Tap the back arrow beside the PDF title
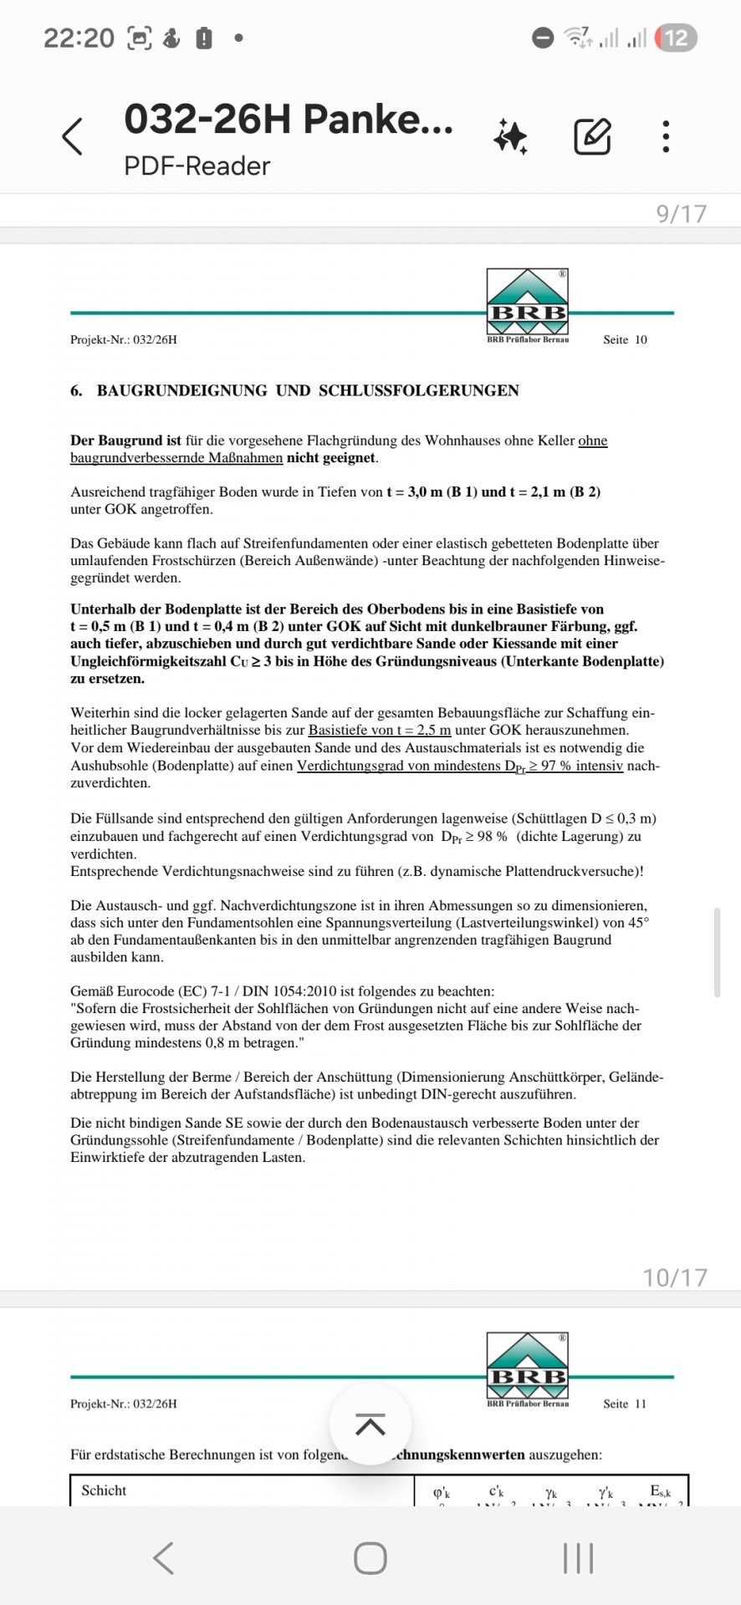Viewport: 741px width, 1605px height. click(x=73, y=136)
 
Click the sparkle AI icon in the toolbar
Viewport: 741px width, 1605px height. click(x=510, y=136)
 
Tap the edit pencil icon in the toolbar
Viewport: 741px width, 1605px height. click(x=592, y=136)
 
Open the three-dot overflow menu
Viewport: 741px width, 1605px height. click(x=666, y=136)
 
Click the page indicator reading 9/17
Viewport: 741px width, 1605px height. click(x=681, y=213)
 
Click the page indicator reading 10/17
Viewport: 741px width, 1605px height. click(x=674, y=1276)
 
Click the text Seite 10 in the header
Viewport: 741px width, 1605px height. click(x=625, y=339)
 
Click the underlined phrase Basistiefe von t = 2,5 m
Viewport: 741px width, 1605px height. click(x=379, y=730)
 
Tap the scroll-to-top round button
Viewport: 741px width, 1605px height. click(x=370, y=1423)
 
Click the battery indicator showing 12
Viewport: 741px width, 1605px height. click(x=676, y=38)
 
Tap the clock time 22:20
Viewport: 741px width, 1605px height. click(x=79, y=38)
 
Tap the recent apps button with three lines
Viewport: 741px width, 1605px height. click(x=578, y=1558)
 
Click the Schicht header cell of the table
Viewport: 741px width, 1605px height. click(x=105, y=1490)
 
